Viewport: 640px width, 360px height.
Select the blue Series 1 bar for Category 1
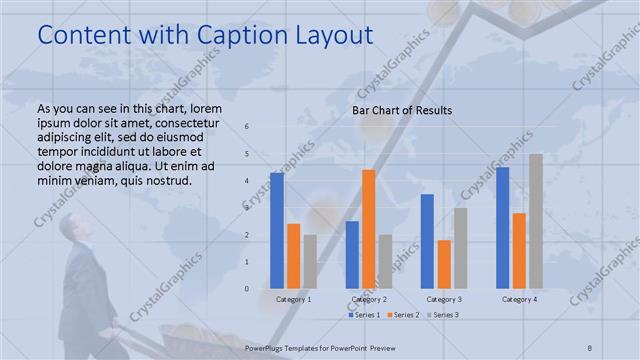pyautogui.click(x=277, y=230)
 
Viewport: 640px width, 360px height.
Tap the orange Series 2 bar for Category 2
pyautogui.click(x=369, y=228)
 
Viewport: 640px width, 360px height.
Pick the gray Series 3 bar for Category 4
pyautogui.click(x=536, y=221)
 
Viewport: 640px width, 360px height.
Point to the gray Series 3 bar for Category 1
pyautogui.click(x=310, y=261)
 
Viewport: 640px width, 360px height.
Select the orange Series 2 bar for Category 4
pyautogui.click(x=519, y=250)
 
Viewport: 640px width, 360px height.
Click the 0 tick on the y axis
pyautogui.click(x=247, y=289)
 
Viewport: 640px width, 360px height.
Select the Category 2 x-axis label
pyautogui.click(x=369, y=299)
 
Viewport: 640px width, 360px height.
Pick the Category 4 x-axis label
pyautogui.click(x=519, y=299)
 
